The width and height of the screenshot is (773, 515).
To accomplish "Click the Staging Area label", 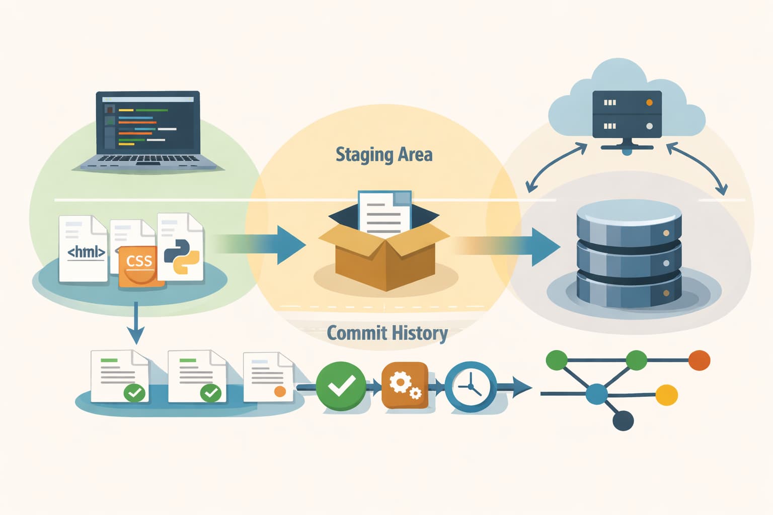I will click(384, 154).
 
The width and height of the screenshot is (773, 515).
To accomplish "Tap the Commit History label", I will click(387, 333).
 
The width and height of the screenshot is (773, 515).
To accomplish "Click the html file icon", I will click(84, 248).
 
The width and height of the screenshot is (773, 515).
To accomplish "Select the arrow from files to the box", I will click(272, 244).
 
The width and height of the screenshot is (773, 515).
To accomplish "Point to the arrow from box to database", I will click(523, 246).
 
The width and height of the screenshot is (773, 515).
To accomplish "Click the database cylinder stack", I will click(629, 254).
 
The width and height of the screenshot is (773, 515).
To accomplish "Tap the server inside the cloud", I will click(627, 115).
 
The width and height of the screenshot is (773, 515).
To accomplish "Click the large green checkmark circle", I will click(341, 386).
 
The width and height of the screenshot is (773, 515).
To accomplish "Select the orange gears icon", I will click(405, 385).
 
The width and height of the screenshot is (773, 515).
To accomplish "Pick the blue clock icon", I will click(471, 386).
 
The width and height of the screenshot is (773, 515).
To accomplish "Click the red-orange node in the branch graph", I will click(699, 360).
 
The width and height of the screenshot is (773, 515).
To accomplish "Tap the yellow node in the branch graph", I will click(667, 395).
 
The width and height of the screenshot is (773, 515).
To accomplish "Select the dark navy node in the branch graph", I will click(623, 420).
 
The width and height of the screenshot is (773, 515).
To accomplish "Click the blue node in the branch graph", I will click(597, 394).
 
